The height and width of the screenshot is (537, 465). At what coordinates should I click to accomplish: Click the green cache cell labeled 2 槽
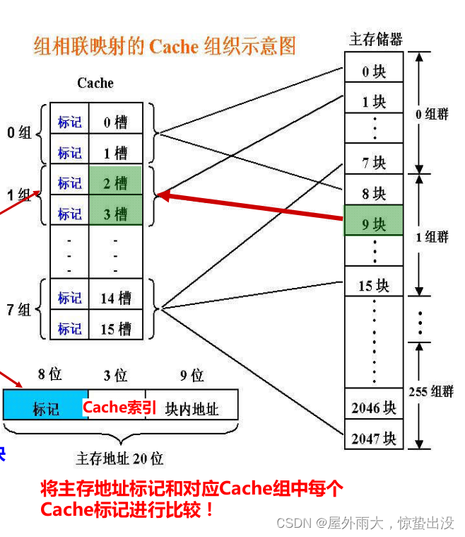click(115, 183)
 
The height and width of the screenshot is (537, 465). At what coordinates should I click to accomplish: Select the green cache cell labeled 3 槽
click(115, 213)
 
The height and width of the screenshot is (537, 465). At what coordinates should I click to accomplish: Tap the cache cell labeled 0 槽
click(115, 122)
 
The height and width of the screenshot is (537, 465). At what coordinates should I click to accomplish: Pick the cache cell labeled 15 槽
click(115, 328)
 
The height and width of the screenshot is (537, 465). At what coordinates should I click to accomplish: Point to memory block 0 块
click(374, 71)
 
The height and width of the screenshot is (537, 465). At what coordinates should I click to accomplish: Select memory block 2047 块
click(374, 439)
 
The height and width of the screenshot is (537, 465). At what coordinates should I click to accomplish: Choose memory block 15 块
click(374, 285)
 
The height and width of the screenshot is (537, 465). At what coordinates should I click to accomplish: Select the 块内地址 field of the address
click(192, 408)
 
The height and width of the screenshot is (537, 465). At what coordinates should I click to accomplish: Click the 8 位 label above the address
click(49, 375)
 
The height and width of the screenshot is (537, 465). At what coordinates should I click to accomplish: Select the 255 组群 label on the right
click(430, 391)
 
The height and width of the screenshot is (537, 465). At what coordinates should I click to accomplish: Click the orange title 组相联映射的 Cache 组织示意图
click(165, 47)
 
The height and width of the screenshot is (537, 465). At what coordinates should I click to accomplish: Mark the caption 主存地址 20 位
click(120, 458)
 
